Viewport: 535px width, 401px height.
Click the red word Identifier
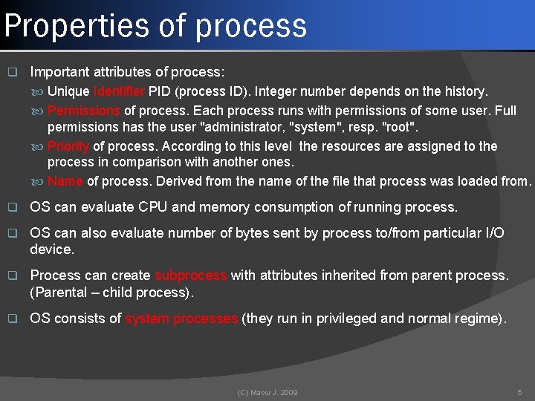coord(119,92)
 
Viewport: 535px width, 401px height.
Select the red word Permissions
coord(83,111)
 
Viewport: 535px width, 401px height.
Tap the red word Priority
coord(68,146)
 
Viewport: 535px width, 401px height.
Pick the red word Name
coord(65,180)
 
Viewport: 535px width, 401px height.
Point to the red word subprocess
coord(190,276)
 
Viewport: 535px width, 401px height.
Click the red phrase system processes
coord(181,319)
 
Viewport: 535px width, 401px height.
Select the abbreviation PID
coord(160,92)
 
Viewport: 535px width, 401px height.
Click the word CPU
coord(153,207)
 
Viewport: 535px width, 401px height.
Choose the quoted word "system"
coord(311,128)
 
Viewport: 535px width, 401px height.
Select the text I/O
coord(494,233)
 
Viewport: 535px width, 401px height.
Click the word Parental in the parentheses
coord(61,293)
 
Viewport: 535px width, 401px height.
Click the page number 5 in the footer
coord(519,392)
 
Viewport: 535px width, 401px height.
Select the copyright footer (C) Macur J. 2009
coord(267,392)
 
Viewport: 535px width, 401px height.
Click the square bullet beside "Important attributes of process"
coord(12,73)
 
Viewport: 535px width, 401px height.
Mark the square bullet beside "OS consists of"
coord(12,319)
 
